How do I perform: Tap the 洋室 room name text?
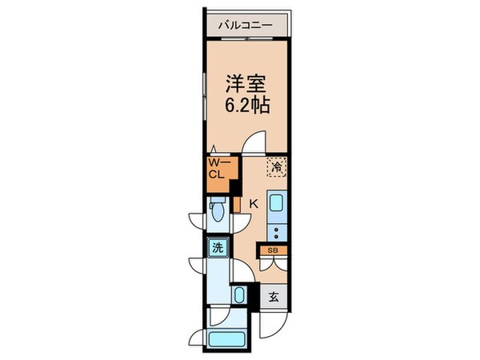(245, 82)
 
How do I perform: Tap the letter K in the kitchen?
(253, 204)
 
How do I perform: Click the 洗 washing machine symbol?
(218, 248)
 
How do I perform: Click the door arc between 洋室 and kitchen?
(254, 144)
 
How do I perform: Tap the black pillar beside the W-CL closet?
(235, 187)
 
